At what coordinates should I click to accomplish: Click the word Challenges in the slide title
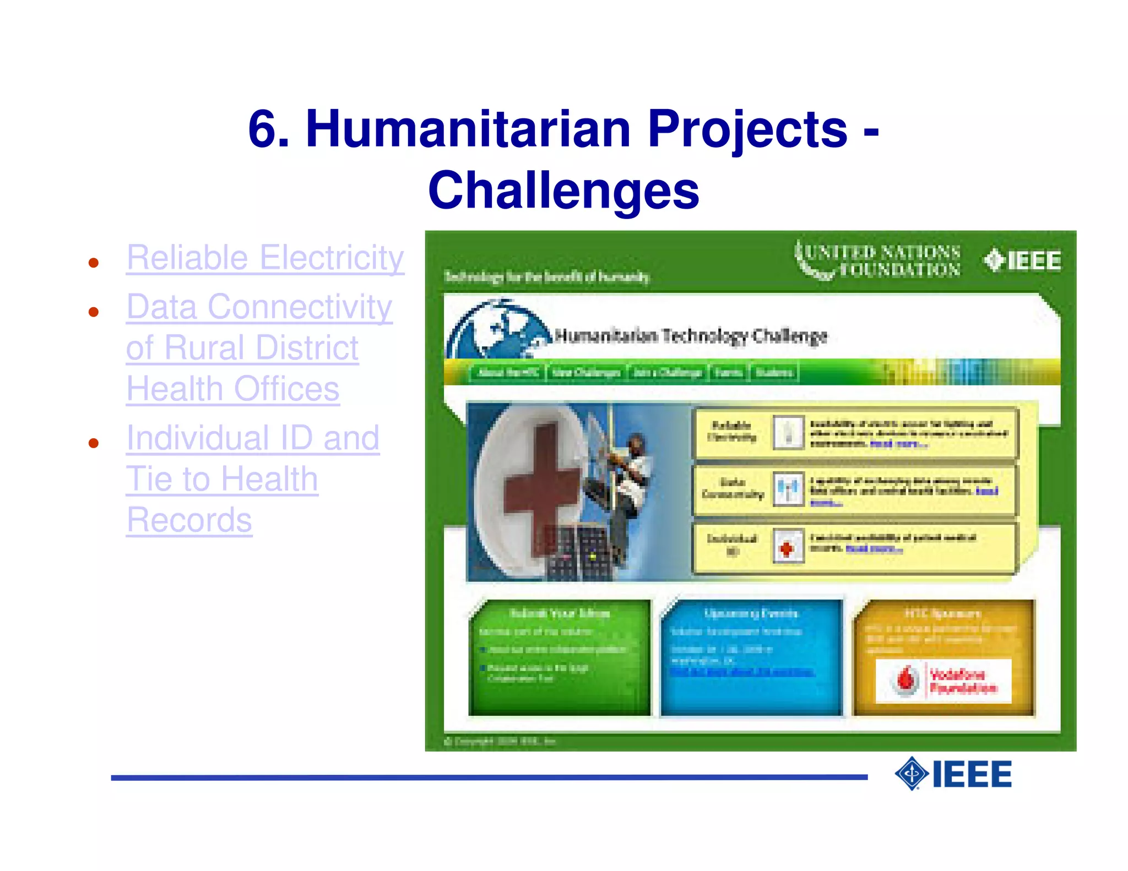click(563, 190)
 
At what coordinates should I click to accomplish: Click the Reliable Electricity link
click(265, 258)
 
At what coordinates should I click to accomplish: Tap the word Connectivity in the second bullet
click(300, 307)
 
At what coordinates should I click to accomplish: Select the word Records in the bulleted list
click(189, 520)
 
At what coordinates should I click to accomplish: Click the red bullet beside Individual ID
click(94, 443)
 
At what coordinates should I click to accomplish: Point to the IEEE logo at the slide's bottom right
click(953, 774)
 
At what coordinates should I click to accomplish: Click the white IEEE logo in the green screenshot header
click(1022, 261)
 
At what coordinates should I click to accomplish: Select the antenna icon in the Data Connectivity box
click(788, 489)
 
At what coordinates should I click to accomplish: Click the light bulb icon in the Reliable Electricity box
click(788, 432)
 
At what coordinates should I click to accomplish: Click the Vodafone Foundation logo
click(943, 681)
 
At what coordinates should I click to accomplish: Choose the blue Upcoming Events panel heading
click(751, 613)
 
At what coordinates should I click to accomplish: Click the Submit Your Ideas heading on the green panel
click(559, 613)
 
